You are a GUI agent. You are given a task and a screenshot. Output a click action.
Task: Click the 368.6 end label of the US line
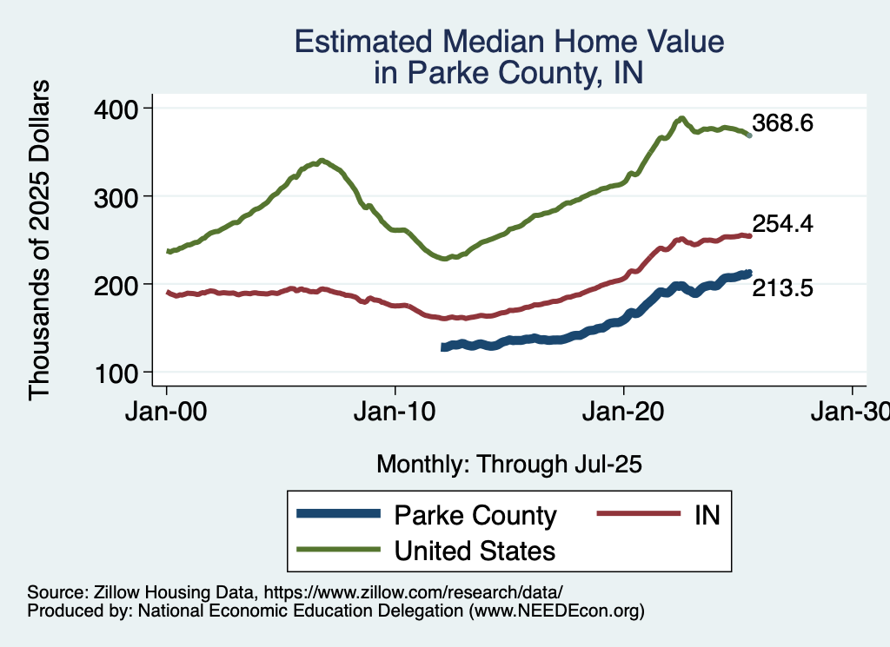coord(783,123)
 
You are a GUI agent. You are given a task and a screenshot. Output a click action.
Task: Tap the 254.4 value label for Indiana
coord(783,224)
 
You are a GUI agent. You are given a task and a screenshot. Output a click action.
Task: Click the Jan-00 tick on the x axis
coord(167,408)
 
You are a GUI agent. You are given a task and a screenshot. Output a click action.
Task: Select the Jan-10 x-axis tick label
coord(395,408)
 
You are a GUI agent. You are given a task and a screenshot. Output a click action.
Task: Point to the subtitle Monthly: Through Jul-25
coord(508,464)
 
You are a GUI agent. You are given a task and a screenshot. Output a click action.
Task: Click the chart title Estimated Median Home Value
coord(508,42)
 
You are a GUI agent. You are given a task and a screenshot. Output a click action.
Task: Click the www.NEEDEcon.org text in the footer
coord(556,611)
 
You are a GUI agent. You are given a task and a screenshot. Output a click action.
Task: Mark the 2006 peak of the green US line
coord(322,161)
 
